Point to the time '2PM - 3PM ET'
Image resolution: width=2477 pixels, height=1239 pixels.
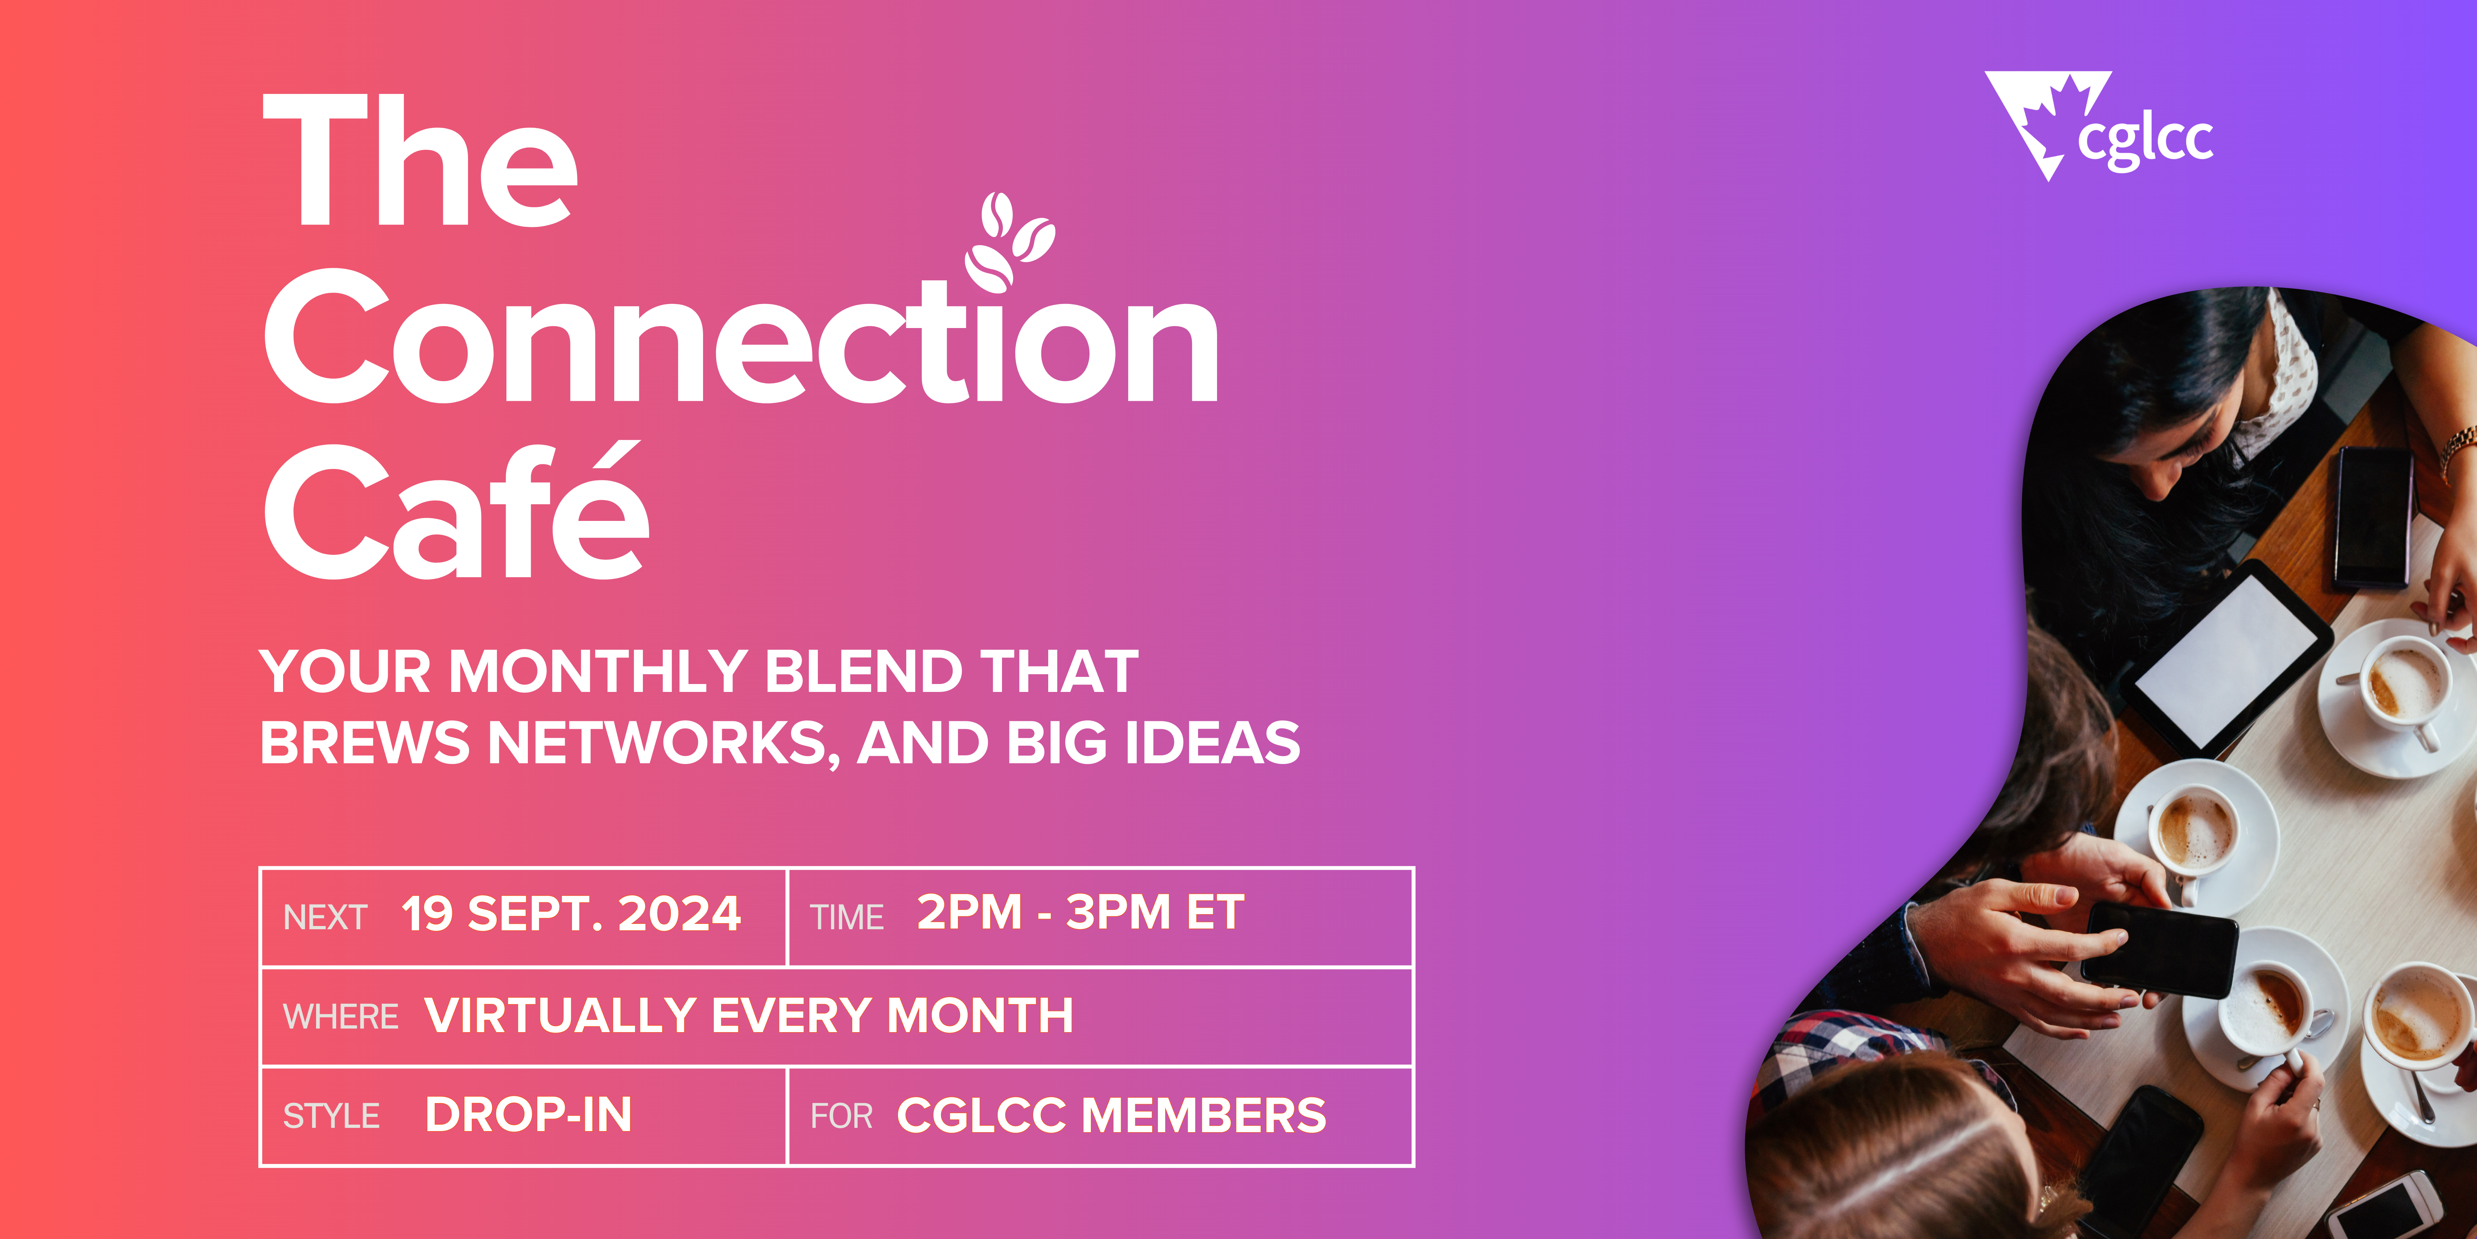click(x=1081, y=912)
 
